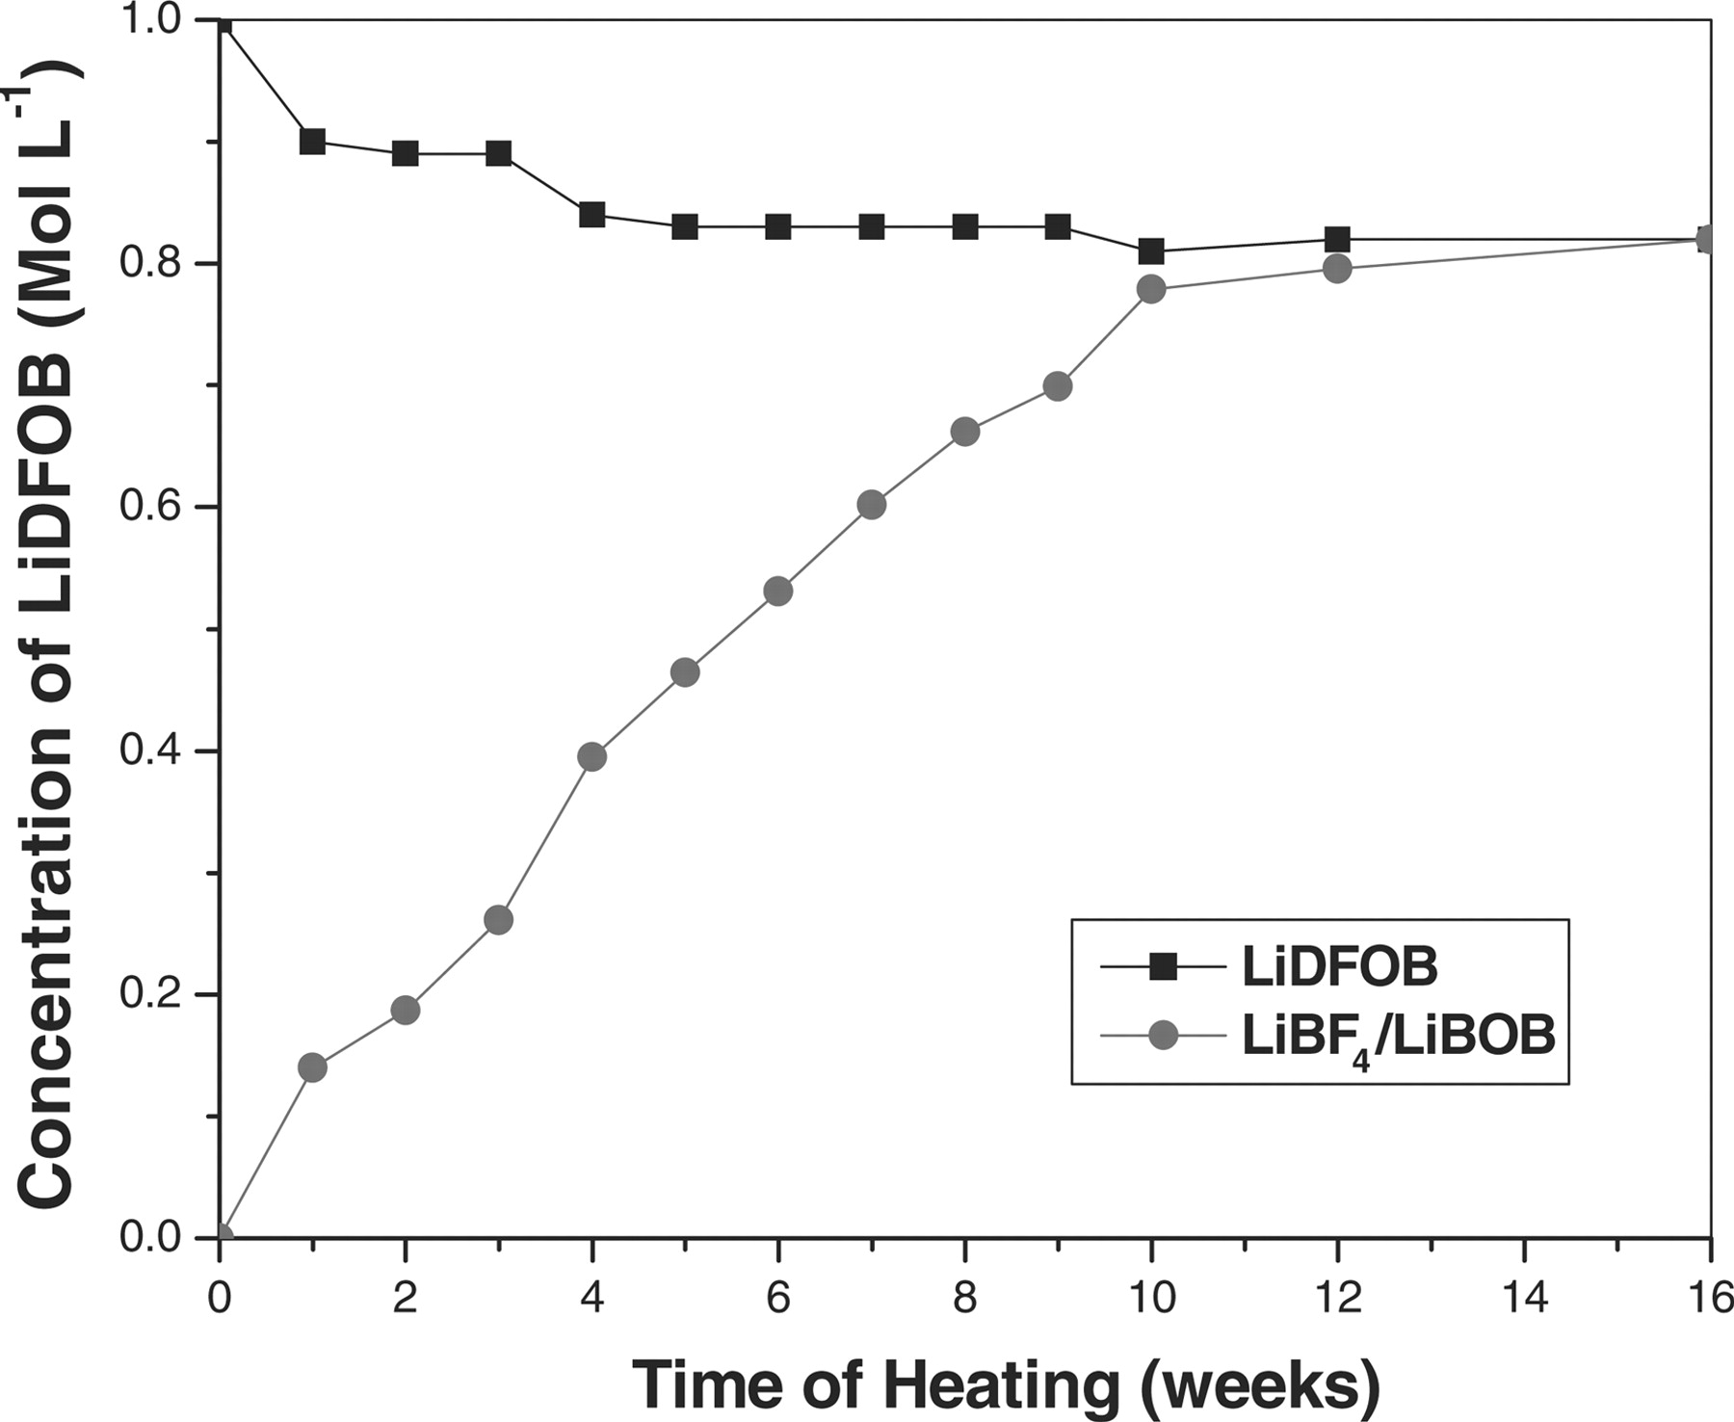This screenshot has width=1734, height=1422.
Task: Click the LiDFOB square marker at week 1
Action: [312, 142]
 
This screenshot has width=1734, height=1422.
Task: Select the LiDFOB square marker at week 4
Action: [591, 214]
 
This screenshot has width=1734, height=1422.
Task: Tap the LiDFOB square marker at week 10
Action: [1151, 251]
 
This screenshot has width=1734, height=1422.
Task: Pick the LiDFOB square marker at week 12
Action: [1337, 239]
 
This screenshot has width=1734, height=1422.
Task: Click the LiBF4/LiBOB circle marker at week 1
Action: [312, 1067]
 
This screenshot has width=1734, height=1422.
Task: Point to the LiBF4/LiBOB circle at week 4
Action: [591, 756]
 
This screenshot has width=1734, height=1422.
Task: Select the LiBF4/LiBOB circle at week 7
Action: [871, 505]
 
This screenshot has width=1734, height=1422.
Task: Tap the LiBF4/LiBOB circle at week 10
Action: [1151, 289]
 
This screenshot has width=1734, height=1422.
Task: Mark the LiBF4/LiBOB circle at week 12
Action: [1337, 268]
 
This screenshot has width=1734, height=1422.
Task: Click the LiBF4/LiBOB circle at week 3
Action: [498, 920]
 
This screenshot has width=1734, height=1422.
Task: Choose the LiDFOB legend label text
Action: [1339, 967]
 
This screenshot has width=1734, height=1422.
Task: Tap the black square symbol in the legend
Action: [1165, 966]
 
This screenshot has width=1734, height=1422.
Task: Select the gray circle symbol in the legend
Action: [1165, 1037]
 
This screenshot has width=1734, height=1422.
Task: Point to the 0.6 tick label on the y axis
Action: [155, 508]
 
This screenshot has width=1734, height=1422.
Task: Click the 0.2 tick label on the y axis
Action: [155, 994]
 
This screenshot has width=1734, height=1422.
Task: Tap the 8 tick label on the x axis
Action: [964, 1299]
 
